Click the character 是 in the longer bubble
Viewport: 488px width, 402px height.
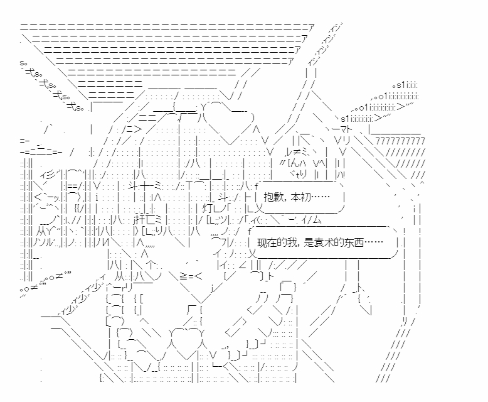309,242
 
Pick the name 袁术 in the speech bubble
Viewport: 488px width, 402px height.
324,242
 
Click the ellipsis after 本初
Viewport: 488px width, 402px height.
320,197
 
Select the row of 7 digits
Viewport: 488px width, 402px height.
400,141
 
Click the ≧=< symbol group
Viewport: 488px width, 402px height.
191,276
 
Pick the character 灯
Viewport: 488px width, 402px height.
207,208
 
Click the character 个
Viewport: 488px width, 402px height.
151,265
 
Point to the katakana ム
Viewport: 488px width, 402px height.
317,220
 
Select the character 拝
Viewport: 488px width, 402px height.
140,220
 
